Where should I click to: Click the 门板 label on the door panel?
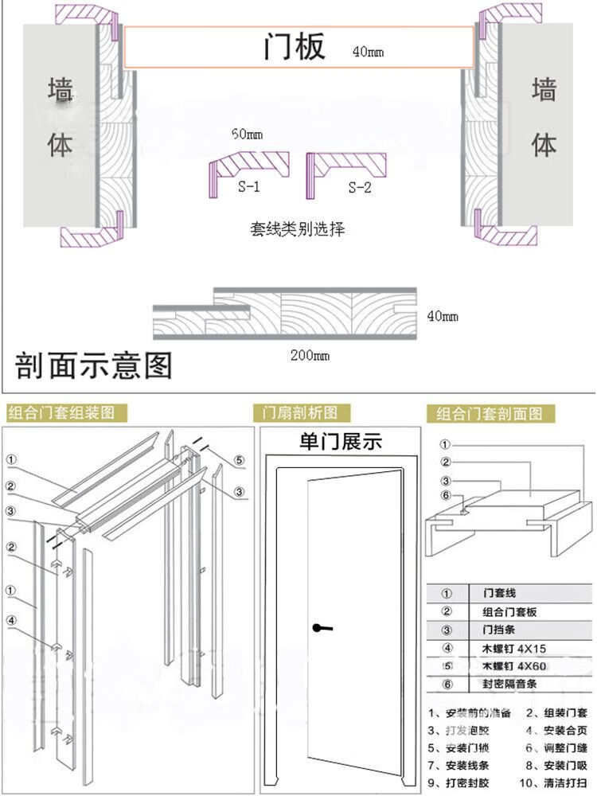[295, 48]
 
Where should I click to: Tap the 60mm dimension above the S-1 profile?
[247, 135]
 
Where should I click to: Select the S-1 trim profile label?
[248, 188]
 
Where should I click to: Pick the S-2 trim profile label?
[360, 188]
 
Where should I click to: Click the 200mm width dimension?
[310, 356]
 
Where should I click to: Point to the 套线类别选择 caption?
[298, 229]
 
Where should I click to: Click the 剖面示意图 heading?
[93, 365]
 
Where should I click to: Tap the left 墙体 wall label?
[60, 118]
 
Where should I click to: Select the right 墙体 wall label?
[544, 118]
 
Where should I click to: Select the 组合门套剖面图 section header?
[490, 414]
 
